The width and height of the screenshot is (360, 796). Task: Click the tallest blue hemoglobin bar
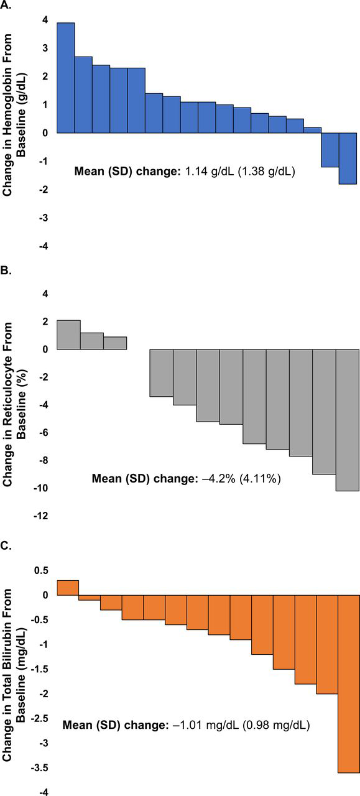pyautogui.click(x=66, y=78)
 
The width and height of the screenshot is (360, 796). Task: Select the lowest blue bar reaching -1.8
pyautogui.click(x=348, y=159)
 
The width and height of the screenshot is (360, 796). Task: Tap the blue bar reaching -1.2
pyautogui.click(x=330, y=150)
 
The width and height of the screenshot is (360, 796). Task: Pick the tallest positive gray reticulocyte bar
pyautogui.click(x=68, y=335)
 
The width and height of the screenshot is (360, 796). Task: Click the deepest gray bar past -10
pyautogui.click(x=348, y=420)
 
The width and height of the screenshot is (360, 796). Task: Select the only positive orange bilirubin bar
pyautogui.click(x=68, y=588)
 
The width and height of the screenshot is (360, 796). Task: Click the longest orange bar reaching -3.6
pyautogui.click(x=349, y=683)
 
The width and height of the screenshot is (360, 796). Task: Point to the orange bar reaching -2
pyautogui.click(x=327, y=644)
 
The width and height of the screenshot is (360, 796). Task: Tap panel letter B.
pyautogui.click(x=6, y=271)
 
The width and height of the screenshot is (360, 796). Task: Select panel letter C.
pyautogui.click(x=6, y=546)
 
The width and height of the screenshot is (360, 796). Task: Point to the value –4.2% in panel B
pyautogui.click(x=219, y=479)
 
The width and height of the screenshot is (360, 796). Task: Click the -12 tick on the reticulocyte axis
pyautogui.click(x=41, y=516)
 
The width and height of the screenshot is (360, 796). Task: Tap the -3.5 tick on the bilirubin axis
pyautogui.click(x=39, y=768)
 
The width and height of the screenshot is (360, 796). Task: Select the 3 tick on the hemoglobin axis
pyautogui.click(x=45, y=48)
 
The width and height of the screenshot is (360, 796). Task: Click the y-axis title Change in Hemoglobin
pyautogui.click(x=7, y=114)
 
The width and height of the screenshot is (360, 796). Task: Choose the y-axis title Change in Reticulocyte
pyautogui.click(x=7, y=404)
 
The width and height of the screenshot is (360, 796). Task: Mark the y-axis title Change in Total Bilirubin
pyautogui.click(x=7, y=677)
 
